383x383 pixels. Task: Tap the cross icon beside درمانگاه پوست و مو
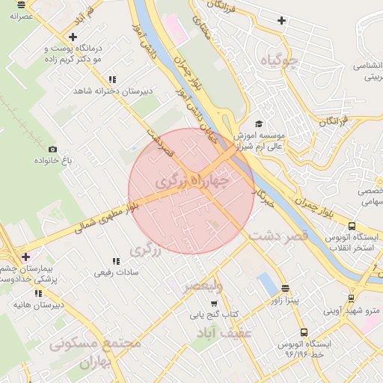pos(73,37)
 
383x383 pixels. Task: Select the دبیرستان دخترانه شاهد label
pos(112,91)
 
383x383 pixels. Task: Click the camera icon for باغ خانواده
pos(52,149)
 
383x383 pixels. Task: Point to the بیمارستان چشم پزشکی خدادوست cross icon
pos(25,257)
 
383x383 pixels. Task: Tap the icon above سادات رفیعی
pos(115,261)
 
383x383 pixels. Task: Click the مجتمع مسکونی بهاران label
pos(96,352)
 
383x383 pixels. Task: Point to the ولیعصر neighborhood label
pos(204,286)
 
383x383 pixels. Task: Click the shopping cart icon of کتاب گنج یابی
pos(213,304)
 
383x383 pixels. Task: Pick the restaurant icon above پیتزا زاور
pos(284,288)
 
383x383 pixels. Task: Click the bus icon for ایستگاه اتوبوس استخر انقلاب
pos(352,226)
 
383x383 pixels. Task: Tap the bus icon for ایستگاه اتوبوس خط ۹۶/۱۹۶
pos(303,331)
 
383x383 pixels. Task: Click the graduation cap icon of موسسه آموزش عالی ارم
pos(259,124)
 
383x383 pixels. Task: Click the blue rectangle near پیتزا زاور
pos(265,284)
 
